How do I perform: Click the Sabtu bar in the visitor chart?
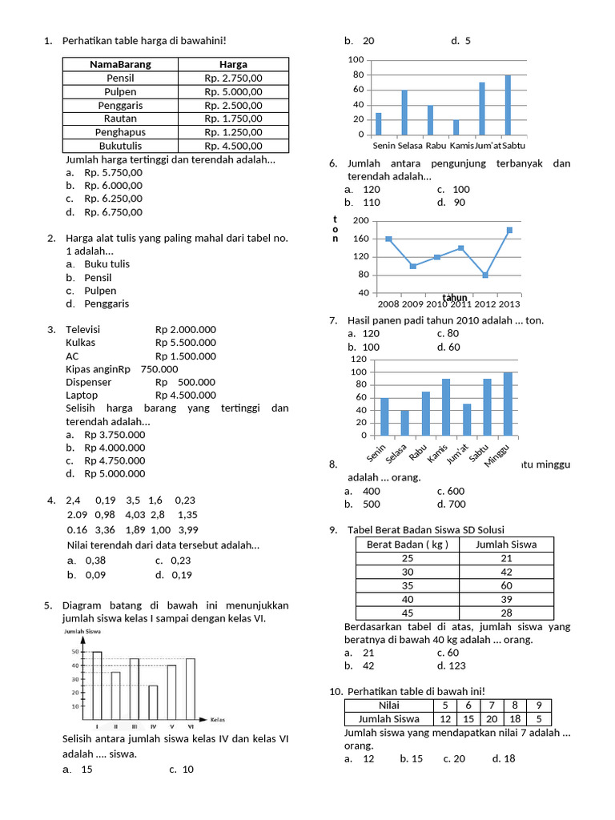[508, 105]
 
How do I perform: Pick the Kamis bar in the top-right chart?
[456, 127]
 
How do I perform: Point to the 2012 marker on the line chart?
[485, 275]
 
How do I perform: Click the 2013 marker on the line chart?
[509, 230]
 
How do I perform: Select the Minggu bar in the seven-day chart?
[508, 404]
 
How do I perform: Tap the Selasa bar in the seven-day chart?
[404, 423]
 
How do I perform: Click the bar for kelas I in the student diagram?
[97, 685]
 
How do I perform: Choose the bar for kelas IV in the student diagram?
[153, 702]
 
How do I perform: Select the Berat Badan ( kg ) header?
[407, 545]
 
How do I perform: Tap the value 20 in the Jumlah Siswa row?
[492, 719]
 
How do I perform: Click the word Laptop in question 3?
[82, 395]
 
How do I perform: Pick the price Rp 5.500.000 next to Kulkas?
[186, 343]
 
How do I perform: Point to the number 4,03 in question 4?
[135, 515]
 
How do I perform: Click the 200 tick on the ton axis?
[360, 220]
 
